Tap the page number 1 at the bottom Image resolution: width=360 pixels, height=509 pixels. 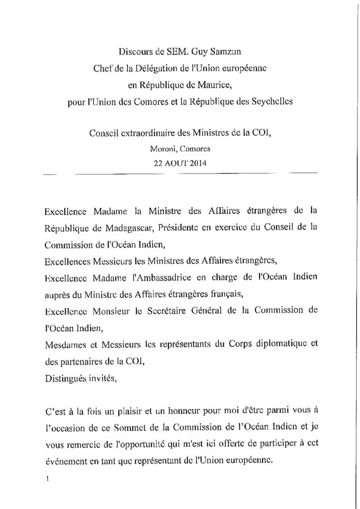[x=46, y=479]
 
